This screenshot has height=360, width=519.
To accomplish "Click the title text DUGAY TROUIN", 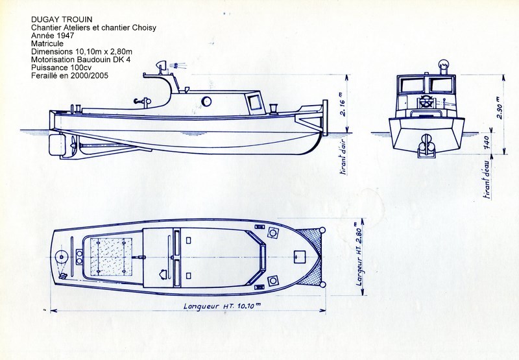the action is (62, 19).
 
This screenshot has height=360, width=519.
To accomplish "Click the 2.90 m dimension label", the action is (500, 106).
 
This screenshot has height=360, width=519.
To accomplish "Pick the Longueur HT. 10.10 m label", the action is (223, 306).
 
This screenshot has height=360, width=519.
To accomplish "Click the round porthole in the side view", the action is (206, 101).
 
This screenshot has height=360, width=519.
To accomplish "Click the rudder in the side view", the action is (56, 145).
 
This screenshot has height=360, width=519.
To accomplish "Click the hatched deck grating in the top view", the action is (111, 257).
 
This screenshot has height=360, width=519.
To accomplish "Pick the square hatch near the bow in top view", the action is (300, 257).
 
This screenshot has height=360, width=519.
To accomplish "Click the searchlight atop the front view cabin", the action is (443, 65).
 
